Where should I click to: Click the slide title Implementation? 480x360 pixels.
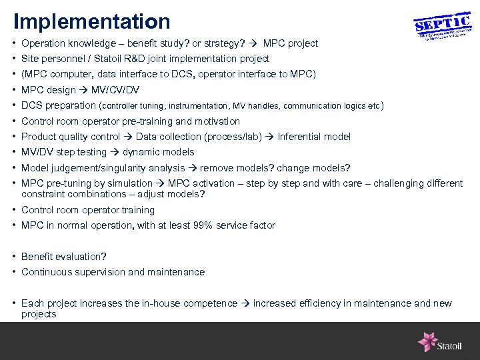click(91, 21)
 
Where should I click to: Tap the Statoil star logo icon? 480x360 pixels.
click(427, 341)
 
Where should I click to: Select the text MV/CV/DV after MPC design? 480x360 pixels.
click(115, 90)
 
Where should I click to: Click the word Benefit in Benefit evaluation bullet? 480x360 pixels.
click(37, 257)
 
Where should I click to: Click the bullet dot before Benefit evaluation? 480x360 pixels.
click(14, 257)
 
